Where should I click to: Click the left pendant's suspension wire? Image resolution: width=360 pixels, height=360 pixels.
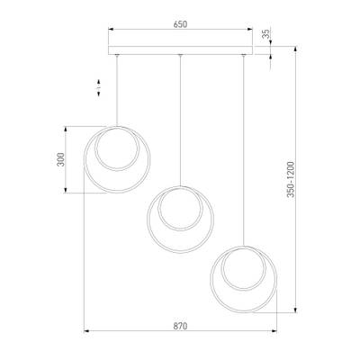(120, 90)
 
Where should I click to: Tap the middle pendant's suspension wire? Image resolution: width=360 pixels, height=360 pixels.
(182, 117)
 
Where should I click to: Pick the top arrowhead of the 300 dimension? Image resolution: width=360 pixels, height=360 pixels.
(69, 128)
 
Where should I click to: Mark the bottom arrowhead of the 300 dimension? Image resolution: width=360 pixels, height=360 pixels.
(69, 193)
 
